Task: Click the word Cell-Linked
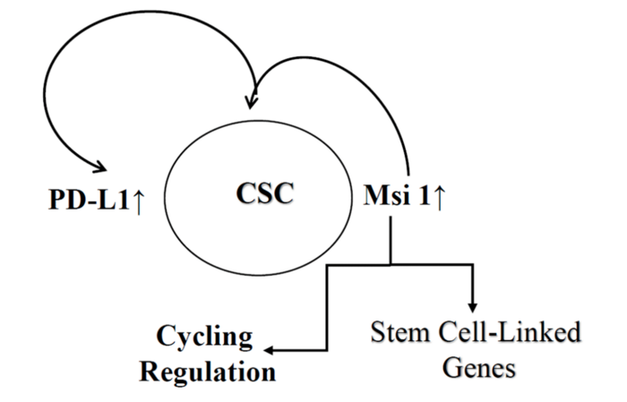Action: [506, 336]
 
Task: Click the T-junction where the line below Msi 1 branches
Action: [391, 264]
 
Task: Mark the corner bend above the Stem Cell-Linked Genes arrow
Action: [471, 264]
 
